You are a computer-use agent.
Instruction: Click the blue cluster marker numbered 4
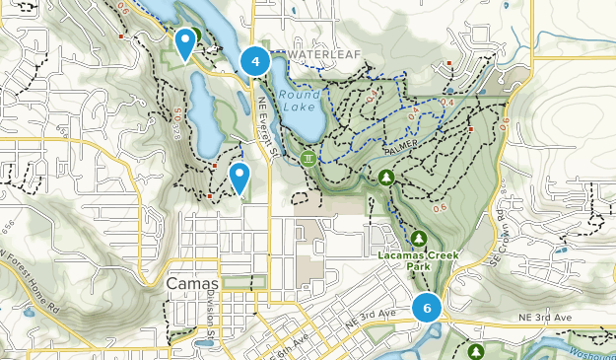coord(255,62)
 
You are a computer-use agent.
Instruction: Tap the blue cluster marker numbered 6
coord(427,308)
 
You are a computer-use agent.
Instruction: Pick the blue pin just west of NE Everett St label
coord(239,178)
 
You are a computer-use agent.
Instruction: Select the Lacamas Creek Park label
coord(419,259)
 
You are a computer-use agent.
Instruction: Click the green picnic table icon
coord(309,158)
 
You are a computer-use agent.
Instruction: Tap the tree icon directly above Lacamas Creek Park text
coord(419,239)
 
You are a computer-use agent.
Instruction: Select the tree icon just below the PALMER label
coord(385,177)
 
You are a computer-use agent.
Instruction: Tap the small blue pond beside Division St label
coord(204,344)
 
